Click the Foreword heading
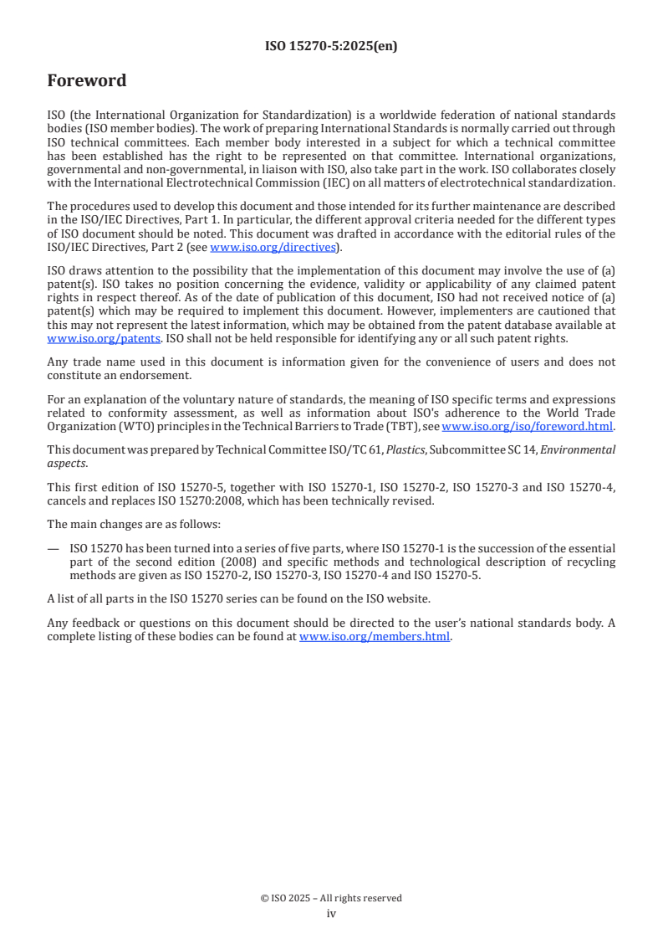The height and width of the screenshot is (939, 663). coord(87,81)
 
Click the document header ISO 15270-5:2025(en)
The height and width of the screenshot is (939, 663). coord(331,46)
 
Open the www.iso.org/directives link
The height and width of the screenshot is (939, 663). coord(273,247)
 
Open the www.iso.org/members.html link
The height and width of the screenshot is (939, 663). coord(375,636)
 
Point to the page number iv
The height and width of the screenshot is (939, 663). coord(331,914)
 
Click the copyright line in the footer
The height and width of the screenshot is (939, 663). coord(331,898)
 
